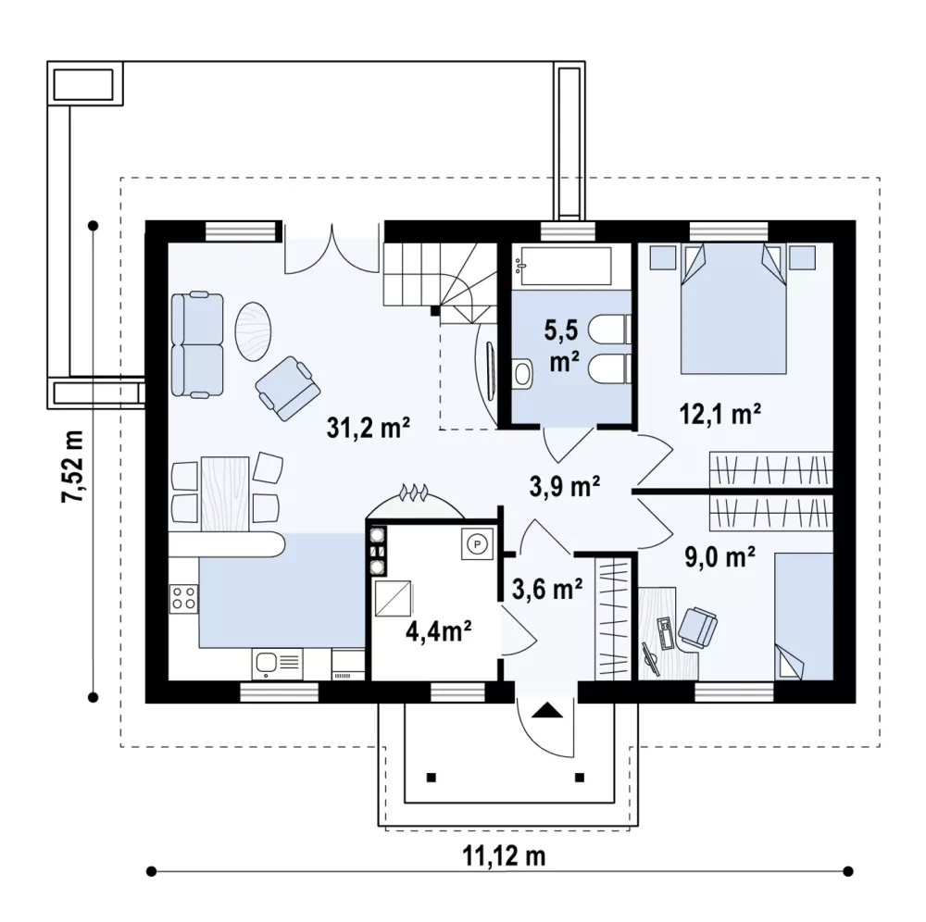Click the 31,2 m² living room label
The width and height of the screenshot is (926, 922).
coord(369,427)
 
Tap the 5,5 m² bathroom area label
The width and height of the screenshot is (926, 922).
coord(563,345)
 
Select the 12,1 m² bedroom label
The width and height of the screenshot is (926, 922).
coord(720,414)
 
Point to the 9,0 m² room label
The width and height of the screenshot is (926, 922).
coord(720,556)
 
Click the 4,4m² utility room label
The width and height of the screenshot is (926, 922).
coord(438,631)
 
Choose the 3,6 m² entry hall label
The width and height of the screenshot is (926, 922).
coord(547,588)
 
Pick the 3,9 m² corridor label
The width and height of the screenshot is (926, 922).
coord(565,486)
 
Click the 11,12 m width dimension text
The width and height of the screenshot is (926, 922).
coord(504,855)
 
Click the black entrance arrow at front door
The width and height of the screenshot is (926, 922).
coord(546,709)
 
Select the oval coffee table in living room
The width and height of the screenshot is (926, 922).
coord(254,331)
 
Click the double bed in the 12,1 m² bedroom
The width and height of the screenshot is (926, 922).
coord(733,308)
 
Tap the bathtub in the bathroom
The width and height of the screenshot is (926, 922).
coord(562,266)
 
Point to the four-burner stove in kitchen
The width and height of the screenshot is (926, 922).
coord(183,597)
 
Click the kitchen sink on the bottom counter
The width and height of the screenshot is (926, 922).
coord(278,664)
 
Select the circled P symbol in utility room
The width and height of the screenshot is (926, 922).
coord(477,543)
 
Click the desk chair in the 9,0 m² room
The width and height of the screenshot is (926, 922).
coord(697,627)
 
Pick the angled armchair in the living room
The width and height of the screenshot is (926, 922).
coord(288,388)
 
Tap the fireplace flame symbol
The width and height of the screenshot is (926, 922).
coord(414,492)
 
